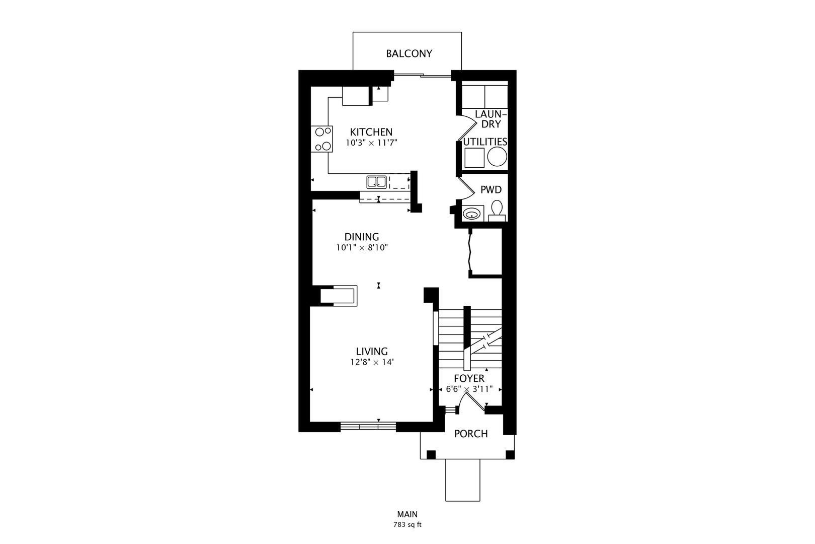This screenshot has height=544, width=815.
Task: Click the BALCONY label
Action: [409, 53]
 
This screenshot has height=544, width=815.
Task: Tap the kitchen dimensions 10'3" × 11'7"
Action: [371, 143]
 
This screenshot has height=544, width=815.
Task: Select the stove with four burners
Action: [322, 139]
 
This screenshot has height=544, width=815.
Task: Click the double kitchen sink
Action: [376, 181]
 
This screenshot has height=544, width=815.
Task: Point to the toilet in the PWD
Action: [497, 211]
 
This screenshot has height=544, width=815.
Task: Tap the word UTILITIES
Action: [485, 142]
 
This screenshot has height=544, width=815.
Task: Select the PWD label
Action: [491, 190]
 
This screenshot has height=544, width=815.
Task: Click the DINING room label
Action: [362, 237]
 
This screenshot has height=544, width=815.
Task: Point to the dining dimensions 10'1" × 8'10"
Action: [362, 248]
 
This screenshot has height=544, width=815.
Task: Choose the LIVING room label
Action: [372, 352]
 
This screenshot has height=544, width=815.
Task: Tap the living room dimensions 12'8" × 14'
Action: [372, 362]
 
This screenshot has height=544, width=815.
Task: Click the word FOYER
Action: [469, 378]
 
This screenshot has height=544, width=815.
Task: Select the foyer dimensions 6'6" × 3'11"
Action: [469, 389]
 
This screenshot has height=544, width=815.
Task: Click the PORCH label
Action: [471, 434]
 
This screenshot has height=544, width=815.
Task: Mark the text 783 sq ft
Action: [407, 525]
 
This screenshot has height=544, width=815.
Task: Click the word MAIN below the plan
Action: [407, 515]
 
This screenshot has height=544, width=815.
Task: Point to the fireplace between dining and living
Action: [339, 296]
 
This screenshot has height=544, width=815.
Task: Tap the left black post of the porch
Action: [431, 455]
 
